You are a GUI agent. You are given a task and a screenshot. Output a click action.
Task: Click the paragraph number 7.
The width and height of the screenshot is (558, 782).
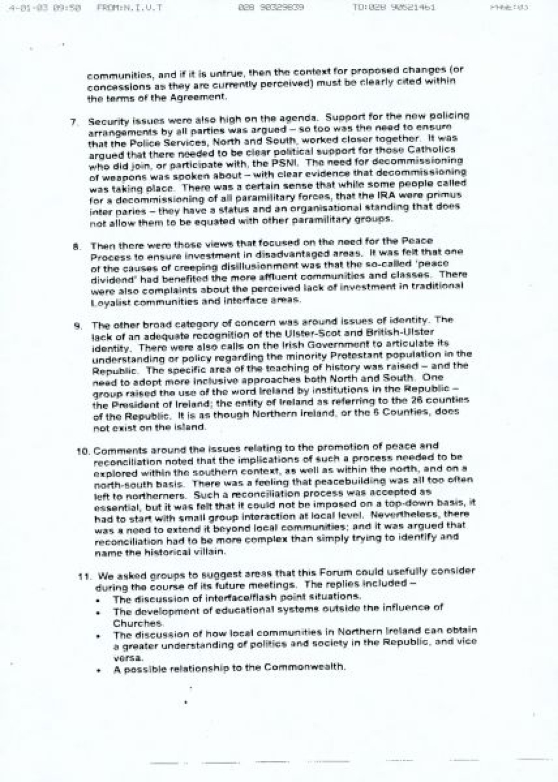[x=73, y=122]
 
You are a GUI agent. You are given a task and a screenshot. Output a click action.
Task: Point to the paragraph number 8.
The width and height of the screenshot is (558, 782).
[x=75, y=246]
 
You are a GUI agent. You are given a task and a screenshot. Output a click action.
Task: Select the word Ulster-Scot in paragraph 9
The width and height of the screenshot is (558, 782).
[x=303, y=334]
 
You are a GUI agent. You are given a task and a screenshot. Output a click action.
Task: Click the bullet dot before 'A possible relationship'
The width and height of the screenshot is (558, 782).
[x=99, y=670]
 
